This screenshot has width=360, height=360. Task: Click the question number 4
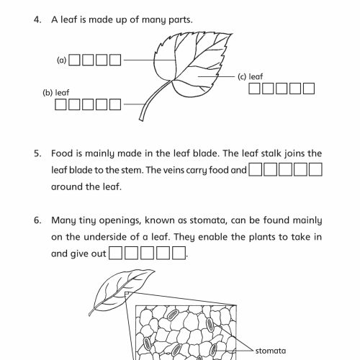(37, 19)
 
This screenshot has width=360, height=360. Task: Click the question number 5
(37, 153)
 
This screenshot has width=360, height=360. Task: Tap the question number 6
(37, 220)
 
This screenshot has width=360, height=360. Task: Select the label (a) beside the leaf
(62, 60)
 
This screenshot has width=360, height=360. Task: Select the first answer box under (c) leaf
(256, 89)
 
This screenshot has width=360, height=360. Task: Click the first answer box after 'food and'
(256, 171)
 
